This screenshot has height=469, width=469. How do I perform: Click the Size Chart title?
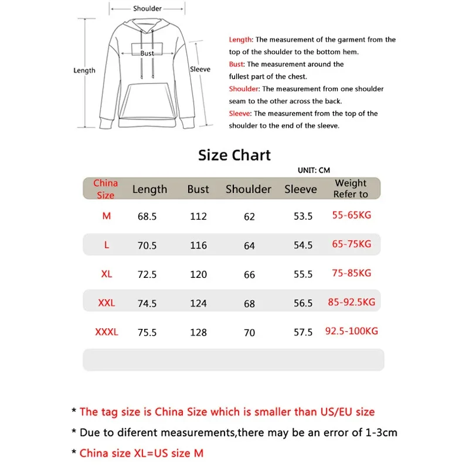[235, 155]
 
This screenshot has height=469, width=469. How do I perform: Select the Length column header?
[149, 189]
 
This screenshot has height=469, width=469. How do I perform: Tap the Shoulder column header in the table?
[249, 189]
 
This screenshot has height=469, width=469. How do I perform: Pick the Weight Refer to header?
[351, 189]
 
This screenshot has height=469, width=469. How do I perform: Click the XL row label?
[107, 274]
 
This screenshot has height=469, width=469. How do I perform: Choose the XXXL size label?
[107, 332]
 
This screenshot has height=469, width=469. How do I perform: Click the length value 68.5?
[147, 216]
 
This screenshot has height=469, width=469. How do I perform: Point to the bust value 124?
[198, 304]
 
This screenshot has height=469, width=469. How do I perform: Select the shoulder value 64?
[249, 246]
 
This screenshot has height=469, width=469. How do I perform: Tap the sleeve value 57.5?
[303, 332]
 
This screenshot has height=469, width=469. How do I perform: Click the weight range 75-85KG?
[352, 273]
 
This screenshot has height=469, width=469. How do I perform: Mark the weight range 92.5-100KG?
[352, 331]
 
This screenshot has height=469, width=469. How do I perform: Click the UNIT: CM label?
[314, 171]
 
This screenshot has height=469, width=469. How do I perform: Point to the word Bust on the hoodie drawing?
[147, 53]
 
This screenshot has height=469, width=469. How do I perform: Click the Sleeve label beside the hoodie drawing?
[200, 69]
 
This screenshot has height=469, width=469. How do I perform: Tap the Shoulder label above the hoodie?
[147, 9]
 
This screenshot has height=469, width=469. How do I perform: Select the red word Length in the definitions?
[240, 40]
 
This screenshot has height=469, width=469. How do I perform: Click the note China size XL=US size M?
[141, 453]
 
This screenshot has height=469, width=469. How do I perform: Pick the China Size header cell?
[106, 189]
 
